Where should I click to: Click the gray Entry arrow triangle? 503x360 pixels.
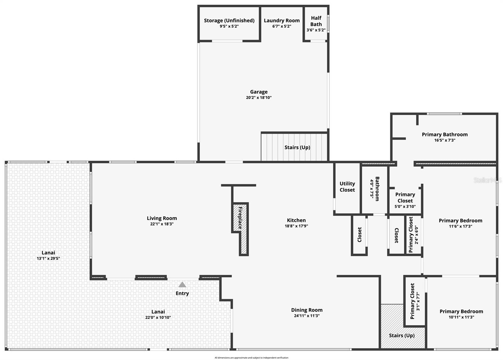pyautogui.click(x=182, y=285)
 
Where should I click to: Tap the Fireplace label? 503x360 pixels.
pyautogui.click(x=240, y=218)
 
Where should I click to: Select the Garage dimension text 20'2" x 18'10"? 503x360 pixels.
pyautogui.click(x=259, y=98)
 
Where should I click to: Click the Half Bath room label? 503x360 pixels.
pyautogui.click(x=316, y=21)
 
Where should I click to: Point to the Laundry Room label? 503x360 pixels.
pyautogui.click(x=282, y=20)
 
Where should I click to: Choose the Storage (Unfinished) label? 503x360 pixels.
pyautogui.click(x=229, y=20)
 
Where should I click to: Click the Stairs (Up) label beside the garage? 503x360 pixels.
pyautogui.click(x=297, y=147)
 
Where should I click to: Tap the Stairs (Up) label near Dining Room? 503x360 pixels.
pyautogui.click(x=401, y=335)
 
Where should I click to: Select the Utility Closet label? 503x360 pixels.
pyautogui.click(x=347, y=187)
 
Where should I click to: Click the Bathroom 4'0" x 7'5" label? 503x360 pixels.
pyautogui.click(x=375, y=189)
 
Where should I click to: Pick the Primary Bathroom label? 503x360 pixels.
pyautogui.click(x=445, y=135)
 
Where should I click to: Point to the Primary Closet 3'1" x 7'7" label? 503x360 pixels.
pyautogui.click(x=415, y=301)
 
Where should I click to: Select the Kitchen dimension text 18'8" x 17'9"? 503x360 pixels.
pyautogui.click(x=296, y=226)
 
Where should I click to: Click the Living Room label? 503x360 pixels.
pyautogui.click(x=162, y=218)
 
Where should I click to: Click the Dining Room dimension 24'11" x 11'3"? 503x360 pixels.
pyautogui.click(x=307, y=316)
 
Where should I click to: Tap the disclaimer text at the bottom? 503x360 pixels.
pyautogui.click(x=251, y=358)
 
